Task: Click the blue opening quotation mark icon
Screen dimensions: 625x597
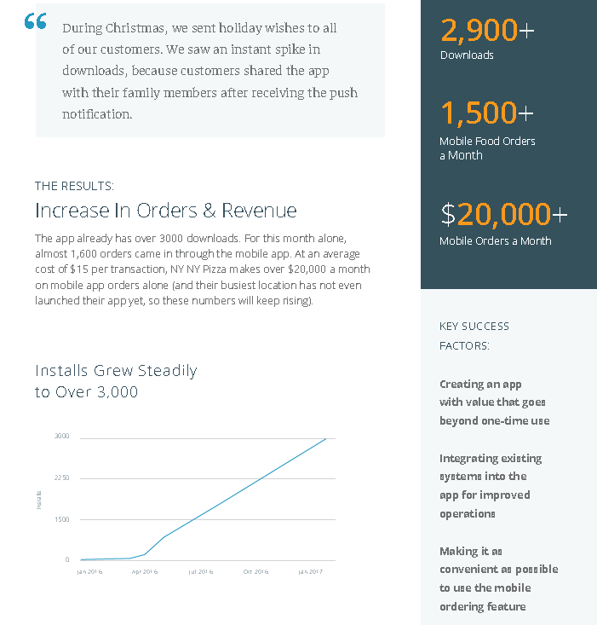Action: (x=36, y=21)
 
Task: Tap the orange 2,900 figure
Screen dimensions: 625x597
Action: (x=479, y=31)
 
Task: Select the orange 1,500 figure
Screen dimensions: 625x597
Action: (x=479, y=113)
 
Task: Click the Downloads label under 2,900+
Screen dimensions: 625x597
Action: (x=466, y=55)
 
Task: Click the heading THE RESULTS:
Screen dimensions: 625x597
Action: (x=74, y=186)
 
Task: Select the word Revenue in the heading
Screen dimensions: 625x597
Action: (x=259, y=211)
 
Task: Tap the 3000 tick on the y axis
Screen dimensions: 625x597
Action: (x=62, y=437)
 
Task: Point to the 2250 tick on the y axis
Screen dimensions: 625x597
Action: (x=62, y=478)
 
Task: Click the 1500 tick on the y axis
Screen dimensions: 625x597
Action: (x=62, y=519)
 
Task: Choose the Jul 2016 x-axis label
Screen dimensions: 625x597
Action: (x=200, y=571)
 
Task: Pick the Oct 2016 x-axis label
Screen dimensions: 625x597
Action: (x=255, y=571)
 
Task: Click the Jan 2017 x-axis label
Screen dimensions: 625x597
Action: (x=311, y=571)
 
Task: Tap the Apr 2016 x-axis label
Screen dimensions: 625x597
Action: (x=145, y=571)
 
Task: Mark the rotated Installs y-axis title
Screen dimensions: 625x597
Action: (x=39, y=499)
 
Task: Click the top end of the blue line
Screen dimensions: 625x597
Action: (x=325, y=439)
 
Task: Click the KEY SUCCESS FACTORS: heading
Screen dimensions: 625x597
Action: (x=474, y=336)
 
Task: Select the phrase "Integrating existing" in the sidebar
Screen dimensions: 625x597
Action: (x=491, y=458)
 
